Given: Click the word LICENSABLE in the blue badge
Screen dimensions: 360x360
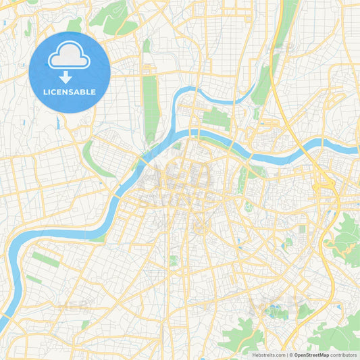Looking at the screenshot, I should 70,92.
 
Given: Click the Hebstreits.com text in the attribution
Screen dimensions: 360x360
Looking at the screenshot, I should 267,355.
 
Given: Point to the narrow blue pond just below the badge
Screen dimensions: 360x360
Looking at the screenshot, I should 59,122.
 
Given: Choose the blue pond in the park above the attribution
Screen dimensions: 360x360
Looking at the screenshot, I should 274,312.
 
